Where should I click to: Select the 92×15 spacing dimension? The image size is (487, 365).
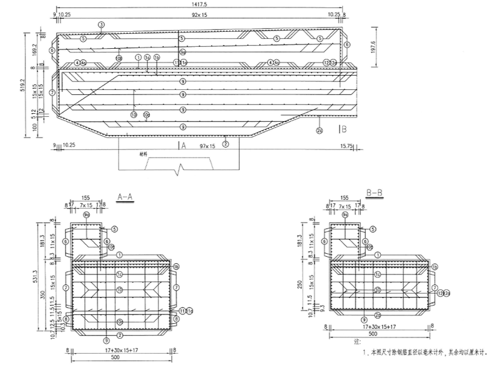200,14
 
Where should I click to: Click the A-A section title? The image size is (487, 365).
125,196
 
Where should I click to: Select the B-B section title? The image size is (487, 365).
374,193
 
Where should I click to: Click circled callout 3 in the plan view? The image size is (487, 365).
101,24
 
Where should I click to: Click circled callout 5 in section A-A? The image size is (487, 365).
115,229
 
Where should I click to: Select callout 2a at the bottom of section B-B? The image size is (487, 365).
377,315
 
